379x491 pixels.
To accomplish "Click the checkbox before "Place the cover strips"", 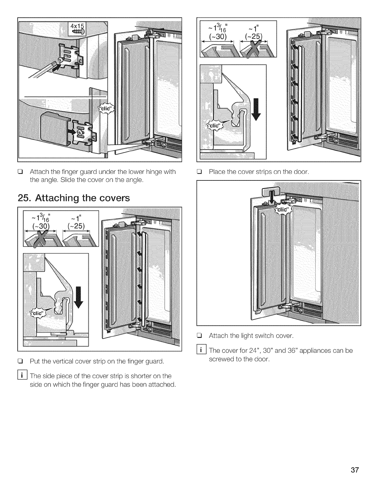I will tap(200, 171).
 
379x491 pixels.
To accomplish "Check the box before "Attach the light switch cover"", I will tap(200, 336).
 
